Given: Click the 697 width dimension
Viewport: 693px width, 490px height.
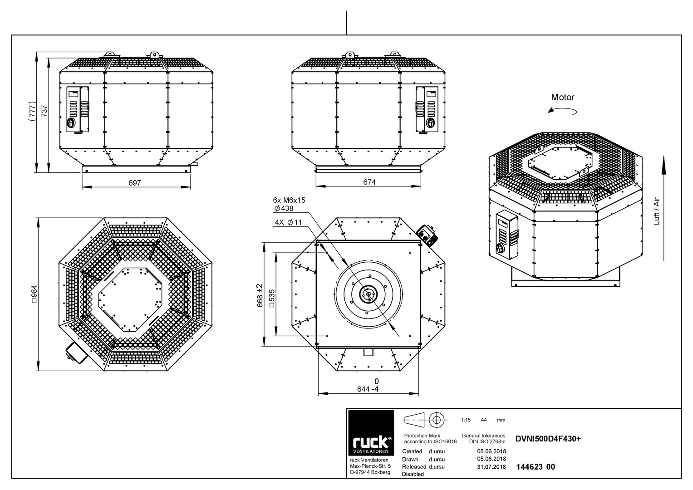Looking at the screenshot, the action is tap(135, 183).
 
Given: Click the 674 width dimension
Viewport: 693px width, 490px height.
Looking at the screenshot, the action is tap(369, 182).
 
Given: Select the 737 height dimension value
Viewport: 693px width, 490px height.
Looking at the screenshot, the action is tap(45, 111).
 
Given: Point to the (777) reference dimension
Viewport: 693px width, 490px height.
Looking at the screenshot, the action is tap(33, 110).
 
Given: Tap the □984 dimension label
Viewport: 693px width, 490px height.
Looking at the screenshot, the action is tap(34, 294).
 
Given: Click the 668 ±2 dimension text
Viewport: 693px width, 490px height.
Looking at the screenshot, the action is tap(260, 295).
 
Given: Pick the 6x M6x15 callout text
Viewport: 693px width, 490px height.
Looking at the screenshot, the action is tap(289, 200).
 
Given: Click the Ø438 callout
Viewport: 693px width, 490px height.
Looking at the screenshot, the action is tap(284, 209).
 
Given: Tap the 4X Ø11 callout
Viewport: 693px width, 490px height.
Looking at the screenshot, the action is tap(288, 222).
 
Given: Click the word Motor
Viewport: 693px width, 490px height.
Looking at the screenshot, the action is tap(562, 97).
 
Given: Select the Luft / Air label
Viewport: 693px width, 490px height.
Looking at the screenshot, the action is tap(657, 211).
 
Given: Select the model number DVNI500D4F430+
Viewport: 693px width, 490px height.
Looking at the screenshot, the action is tap(548, 439).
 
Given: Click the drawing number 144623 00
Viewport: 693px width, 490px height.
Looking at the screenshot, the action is tap(536, 467).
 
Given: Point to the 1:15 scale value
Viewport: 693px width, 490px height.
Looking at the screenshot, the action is tap(466, 420).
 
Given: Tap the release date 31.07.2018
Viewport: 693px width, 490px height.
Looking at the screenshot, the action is tap(491, 467).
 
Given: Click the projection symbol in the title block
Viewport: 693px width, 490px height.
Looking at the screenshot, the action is tap(425, 420).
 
